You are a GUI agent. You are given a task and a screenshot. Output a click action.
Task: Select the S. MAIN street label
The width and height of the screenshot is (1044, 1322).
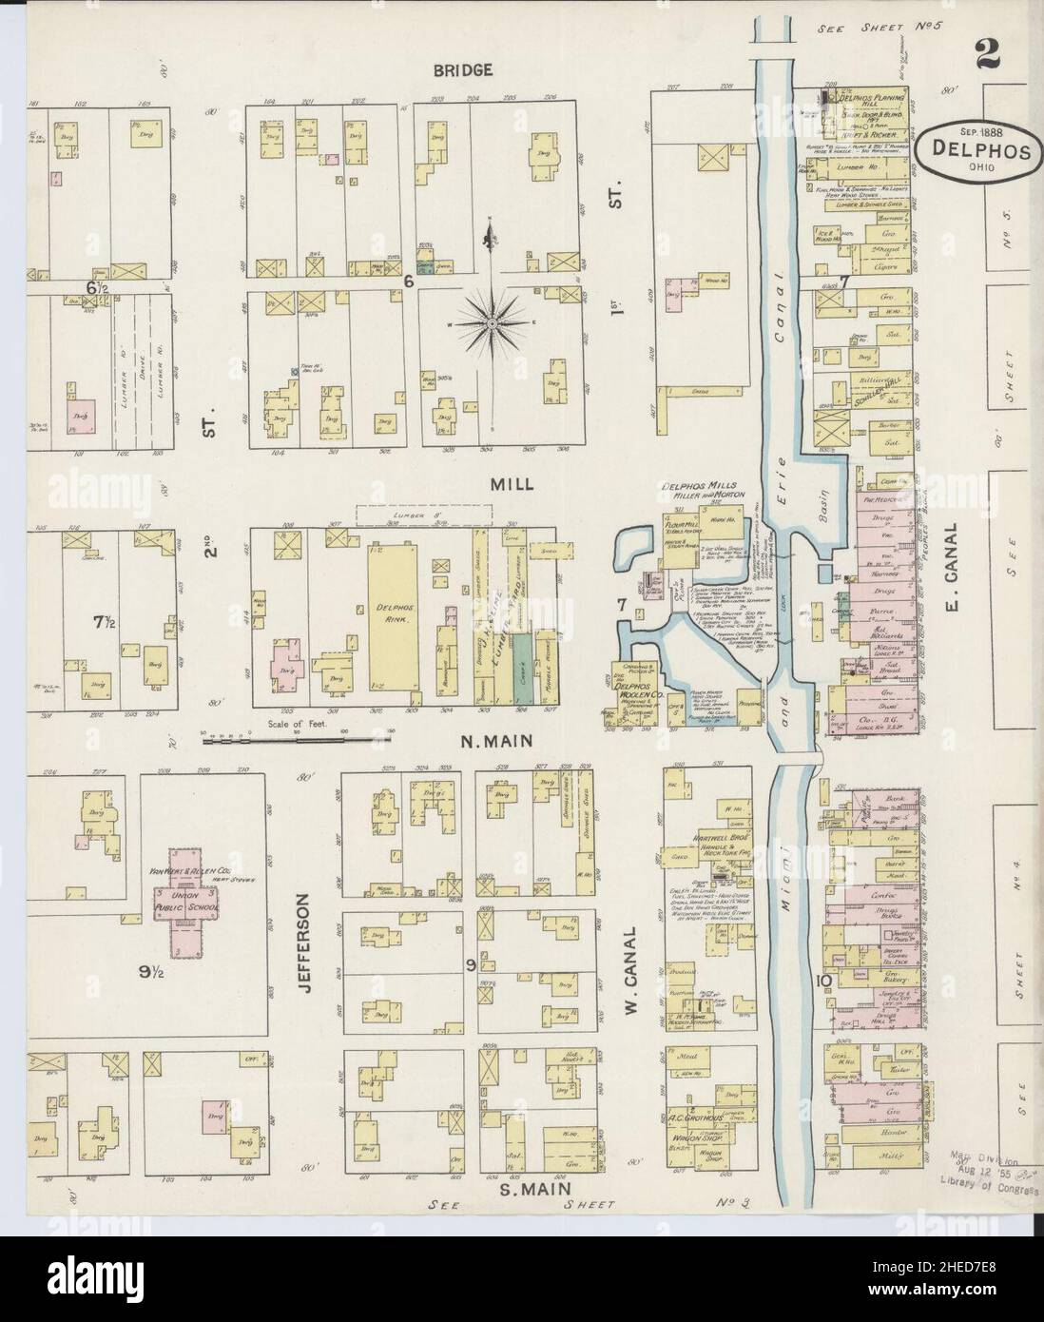pyautogui.click(x=536, y=1188)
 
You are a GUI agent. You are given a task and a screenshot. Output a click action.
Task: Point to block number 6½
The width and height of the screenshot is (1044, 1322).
pyautogui.click(x=95, y=286)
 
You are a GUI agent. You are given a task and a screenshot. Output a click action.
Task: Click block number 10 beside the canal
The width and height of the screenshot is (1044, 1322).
pyautogui.click(x=822, y=982)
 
